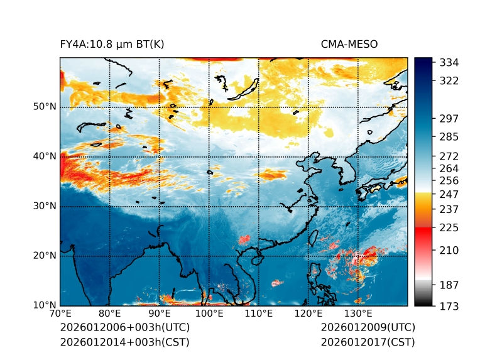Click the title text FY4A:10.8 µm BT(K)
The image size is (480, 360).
point(112,44)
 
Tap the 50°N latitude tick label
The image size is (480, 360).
point(45,107)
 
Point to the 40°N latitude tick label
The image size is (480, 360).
point(45,156)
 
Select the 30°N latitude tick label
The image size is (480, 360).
point(45,206)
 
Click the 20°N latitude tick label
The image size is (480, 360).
point(45,256)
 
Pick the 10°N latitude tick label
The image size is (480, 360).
point(45,305)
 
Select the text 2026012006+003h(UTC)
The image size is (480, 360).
point(124,328)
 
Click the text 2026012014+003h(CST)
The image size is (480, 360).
point(124,342)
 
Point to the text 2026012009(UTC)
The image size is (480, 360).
point(368,328)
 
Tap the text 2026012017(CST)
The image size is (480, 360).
point(368,342)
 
